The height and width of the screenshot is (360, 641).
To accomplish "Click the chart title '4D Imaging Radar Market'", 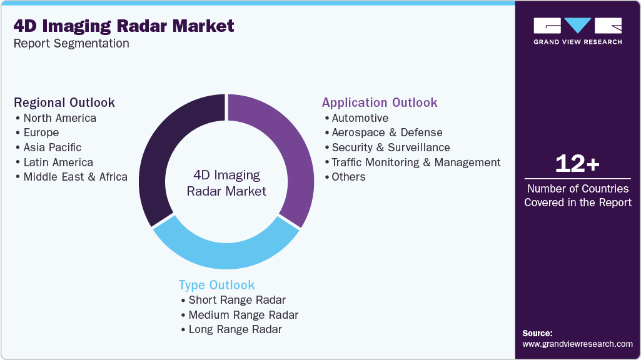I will tap(124, 26).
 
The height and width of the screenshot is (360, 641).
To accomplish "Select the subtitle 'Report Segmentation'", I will tap(71, 43).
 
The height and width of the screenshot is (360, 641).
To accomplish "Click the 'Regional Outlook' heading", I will tap(64, 102).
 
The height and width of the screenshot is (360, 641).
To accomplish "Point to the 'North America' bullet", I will tap(59, 118).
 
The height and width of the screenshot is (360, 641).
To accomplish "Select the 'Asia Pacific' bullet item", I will tap(53, 147).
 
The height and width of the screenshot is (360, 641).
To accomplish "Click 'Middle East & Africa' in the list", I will tap(75, 177).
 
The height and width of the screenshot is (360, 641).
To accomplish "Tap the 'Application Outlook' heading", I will tap(380, 102).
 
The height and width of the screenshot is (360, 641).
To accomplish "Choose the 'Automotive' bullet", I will tap(360, 118).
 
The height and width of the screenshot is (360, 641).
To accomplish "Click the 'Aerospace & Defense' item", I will tap(386, 132).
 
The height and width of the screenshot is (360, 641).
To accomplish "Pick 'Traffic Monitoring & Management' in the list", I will tap(416, 162).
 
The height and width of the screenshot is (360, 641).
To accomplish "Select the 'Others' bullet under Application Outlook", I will tap(348, 177).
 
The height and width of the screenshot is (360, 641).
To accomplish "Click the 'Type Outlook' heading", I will tap(216, 285).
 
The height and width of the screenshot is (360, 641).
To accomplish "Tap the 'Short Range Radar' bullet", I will tap(237, 300).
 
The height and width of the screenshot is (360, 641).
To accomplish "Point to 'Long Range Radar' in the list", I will tap(235, 329).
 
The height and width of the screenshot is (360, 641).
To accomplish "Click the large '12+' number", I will tap(577, 164).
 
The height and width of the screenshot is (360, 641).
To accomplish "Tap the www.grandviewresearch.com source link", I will tap(577, 344).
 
